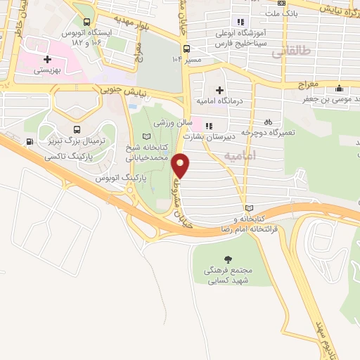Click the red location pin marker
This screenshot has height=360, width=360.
pos(181,165)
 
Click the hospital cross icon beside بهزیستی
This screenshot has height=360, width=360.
pos(47,60)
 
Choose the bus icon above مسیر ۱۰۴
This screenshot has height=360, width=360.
pos(186,49)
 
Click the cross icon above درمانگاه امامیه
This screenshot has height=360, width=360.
pos(219,90)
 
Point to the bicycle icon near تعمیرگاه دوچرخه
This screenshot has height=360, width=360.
pos(268,121)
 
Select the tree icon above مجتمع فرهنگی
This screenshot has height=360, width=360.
pos(227,259)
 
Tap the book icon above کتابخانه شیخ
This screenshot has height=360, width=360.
pos(146,136)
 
